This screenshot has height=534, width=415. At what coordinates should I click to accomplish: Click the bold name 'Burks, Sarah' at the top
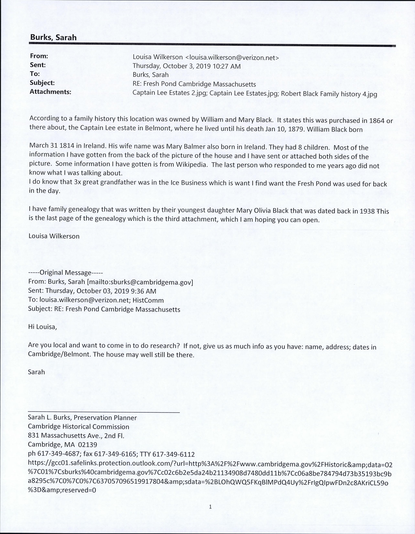coord(53,37)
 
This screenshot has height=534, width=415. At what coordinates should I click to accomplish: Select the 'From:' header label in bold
coord(39,56)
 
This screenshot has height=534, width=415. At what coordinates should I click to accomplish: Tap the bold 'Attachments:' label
coord(50,92)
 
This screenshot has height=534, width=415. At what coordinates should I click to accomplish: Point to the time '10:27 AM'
coord(228,66)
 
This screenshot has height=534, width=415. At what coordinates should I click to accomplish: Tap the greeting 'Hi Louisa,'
coord(42,327)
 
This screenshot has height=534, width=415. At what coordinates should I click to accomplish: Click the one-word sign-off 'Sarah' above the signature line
coord(36,372)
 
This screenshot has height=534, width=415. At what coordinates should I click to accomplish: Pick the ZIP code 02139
coord(87,444)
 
